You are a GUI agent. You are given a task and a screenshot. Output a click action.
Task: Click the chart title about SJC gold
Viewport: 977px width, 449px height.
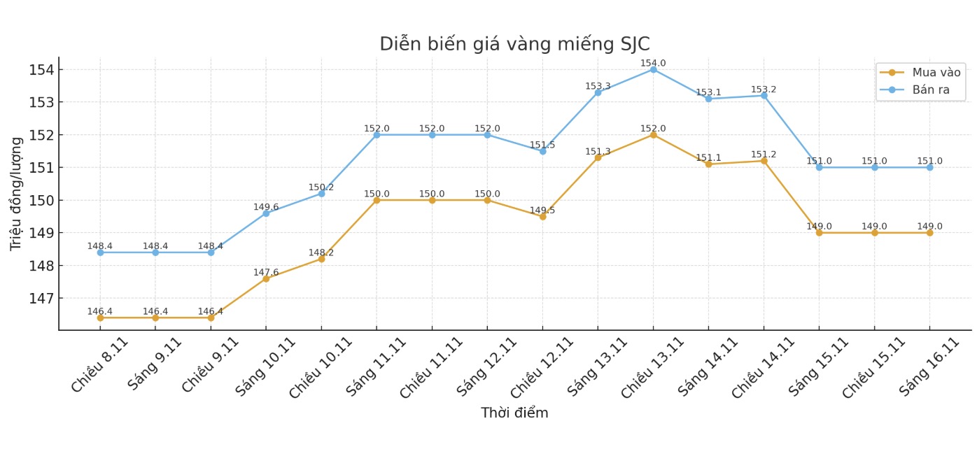(514, 44)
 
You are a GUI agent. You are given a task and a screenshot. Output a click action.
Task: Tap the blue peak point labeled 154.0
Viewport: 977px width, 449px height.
(653, 69)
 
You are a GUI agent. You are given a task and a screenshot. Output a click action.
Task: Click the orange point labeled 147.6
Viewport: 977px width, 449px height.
(266, 278)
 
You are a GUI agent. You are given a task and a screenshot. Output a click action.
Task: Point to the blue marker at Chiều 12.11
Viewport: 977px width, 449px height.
(542, 151)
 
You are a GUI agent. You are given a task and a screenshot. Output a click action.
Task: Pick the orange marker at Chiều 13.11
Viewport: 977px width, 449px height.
(653, 134)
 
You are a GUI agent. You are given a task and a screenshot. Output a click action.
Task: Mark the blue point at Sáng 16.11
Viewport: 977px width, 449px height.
(929, 167)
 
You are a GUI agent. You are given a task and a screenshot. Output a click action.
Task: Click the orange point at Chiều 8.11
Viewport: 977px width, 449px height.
(100, 318)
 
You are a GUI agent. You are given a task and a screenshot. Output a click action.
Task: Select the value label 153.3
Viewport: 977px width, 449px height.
(598, 86)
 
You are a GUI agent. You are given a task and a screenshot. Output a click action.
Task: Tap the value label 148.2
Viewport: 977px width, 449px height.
(321, 252)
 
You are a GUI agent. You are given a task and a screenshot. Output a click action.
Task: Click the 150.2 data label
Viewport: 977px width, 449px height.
(321, 187)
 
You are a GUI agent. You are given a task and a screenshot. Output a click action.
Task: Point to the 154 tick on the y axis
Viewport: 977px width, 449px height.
(42, 70)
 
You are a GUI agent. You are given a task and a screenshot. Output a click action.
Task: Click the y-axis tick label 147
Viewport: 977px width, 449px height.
(42, 299)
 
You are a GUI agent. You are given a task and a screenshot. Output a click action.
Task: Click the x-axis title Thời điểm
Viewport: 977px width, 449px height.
(514, 413)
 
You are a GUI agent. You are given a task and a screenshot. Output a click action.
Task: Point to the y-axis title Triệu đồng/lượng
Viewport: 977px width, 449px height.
(16, 194)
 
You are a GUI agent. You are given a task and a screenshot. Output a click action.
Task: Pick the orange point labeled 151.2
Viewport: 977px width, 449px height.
(764, 161)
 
